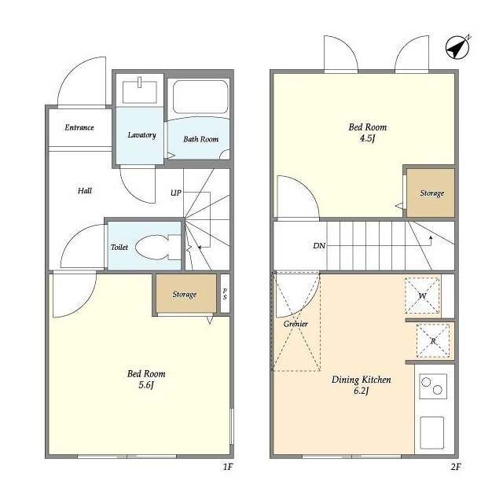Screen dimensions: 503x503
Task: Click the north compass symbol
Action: (x=457, y=48)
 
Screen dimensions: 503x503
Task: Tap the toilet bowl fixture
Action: (x=158, y=247)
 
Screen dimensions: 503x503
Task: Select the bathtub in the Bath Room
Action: (x=200, y=97)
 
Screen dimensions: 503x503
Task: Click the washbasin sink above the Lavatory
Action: (x=140, y=91)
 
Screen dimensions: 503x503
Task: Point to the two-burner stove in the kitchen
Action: (x=433, y=386)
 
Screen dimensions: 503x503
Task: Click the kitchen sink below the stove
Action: (x=431, y=433)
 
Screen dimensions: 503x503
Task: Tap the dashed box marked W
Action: (x=422, y=296)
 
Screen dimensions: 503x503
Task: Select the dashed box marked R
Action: (x=433, y=340)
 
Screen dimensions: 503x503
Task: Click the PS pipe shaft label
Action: (x=225, y=293)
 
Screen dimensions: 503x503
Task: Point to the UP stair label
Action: (x=176, y=193)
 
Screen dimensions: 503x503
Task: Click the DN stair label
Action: (x=319, y=246)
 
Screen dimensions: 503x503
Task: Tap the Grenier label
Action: (x=296, y=324)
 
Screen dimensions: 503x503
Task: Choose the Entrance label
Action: (x=79, y=127)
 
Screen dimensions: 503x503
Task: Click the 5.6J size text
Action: (x=146, y=385)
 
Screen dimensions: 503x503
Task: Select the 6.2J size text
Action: (x=362, y=391)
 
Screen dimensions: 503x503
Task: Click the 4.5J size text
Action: (x=368, y=138)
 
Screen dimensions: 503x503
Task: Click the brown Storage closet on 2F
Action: (x=431, y=193)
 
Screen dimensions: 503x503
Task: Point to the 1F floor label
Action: (x=228, y=467)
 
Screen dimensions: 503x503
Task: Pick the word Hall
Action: (x=85, y=191)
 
